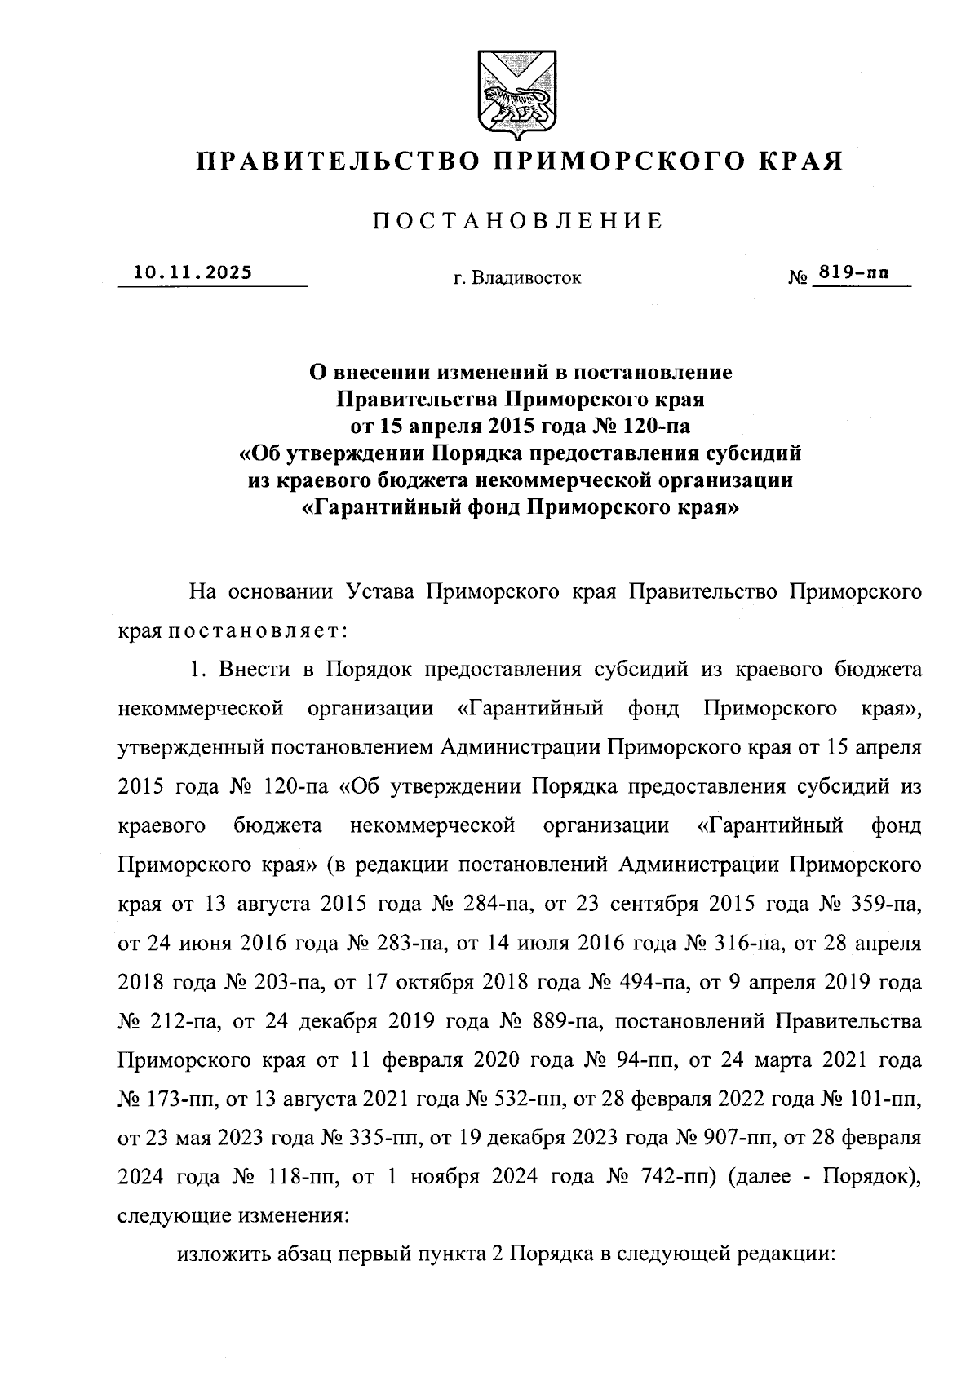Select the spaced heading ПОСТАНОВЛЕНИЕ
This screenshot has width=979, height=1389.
[x=519, y=221]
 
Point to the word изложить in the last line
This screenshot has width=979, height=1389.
[x=219, y=1257]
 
